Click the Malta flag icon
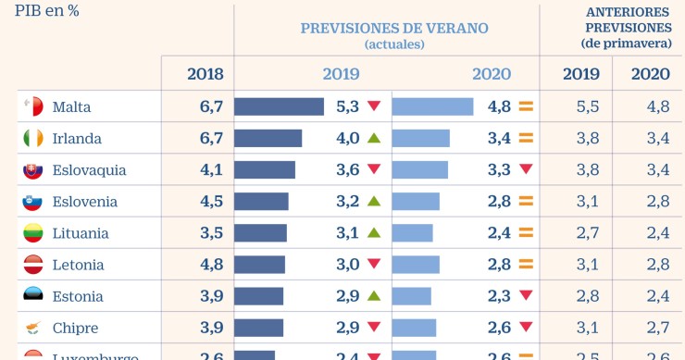pos(33,107)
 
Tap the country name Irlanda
pos(77,139)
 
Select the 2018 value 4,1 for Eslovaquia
pos(211,170)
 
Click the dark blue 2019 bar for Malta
pos(279,107)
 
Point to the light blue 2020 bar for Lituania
pos(413,233)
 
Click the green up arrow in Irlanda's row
pos(374,139)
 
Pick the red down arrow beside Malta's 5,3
pos(374,107)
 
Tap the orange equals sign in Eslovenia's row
pos(526,202)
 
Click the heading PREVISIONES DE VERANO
pos(394,28)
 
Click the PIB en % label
pos(46,13)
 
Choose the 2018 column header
pos(205,75)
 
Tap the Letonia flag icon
pos(33,265)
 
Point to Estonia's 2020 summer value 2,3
pos(498,296)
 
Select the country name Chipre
pos(75,329)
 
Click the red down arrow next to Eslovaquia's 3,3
pos(526,170)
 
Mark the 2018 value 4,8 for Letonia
pos(211,265)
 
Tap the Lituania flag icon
pos(33,233)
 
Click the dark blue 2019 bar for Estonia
pos(258,296)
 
